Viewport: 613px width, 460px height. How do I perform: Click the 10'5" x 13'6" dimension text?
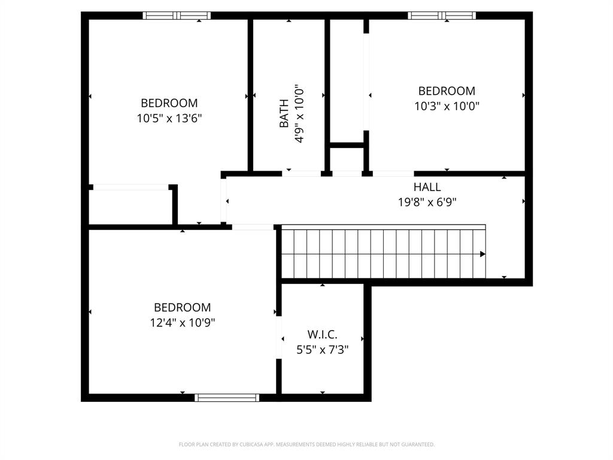(x=169, y=119)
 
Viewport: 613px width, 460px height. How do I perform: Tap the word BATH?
(x=284, y=113)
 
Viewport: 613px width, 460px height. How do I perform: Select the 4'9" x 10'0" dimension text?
(x=299, y=113)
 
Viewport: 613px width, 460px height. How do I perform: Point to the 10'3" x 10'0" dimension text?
(x=447, y=107)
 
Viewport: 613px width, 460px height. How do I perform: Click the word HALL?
(x=427, y=187)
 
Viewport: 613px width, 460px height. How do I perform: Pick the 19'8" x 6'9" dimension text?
(x=427, y=202)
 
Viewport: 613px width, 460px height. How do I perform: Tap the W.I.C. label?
(x=322, y=334)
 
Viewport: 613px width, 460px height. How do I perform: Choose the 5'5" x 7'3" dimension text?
(x=322, y=349)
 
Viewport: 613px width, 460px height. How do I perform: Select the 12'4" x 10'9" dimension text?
(x=182, y=323)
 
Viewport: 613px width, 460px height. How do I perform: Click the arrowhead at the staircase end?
(x=482, y=254)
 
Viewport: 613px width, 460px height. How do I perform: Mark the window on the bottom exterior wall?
(x=227, y=397)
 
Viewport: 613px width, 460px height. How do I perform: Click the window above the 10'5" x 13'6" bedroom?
(x=177, y=16)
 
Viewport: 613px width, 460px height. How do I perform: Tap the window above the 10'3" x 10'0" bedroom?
(x=442, y=16)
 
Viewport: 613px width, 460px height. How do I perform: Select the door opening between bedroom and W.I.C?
(x=278, y=338)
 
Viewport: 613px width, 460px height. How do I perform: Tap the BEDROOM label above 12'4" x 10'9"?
(x=182, y=307)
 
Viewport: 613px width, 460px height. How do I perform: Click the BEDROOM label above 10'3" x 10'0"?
(x=447, y=91)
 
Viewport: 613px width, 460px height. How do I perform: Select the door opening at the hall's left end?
(x=224, y=201)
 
